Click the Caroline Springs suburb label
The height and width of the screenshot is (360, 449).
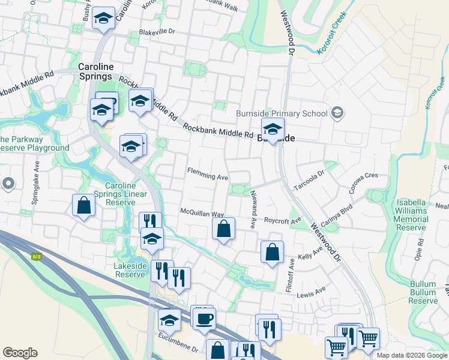[95, 71]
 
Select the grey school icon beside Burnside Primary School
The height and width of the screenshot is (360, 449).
[337, 113]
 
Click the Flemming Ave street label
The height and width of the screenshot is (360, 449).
[208, 176]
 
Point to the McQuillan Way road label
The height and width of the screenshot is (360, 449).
[202, 213]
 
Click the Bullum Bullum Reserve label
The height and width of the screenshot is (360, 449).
[423, 292]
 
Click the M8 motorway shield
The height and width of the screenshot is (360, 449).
[37, 257]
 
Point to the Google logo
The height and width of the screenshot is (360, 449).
[20, 353]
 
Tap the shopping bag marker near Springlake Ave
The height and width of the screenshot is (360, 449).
[83, 205]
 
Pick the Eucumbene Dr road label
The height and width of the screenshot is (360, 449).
[179, 347]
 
